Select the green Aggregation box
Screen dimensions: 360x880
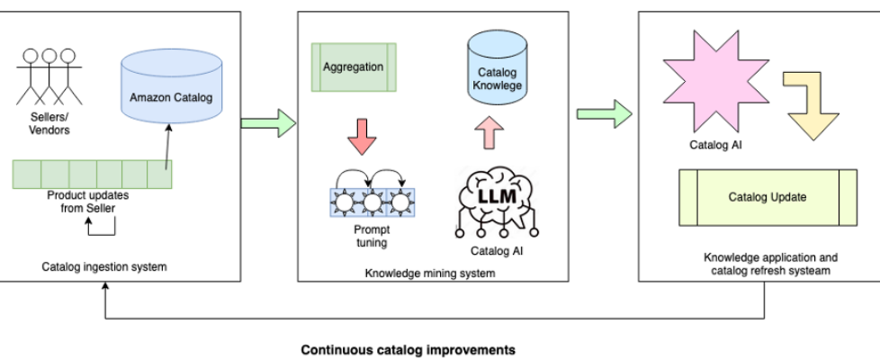coord(352,67)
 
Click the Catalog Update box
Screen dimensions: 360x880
coord(768,197)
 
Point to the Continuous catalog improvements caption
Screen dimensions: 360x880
coord(408,349)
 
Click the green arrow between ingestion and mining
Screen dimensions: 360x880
coord(270,123)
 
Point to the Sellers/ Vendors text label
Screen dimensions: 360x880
coord(46,124)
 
